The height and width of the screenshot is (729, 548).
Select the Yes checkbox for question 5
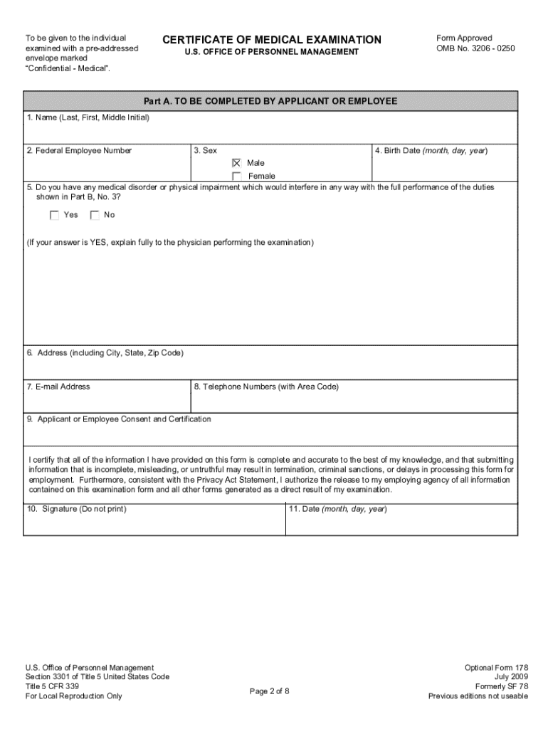point(54,215)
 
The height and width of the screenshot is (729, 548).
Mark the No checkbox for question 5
point(95,215)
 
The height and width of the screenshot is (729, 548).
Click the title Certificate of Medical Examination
point(272,40)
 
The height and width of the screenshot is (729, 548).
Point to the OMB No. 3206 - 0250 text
point(475,48)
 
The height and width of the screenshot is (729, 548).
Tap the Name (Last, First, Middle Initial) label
point(88,117)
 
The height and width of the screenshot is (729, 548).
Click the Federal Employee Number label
point(79,151)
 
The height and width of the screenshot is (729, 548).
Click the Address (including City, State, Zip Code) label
point(105,353)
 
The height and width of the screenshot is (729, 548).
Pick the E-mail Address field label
point(58,387)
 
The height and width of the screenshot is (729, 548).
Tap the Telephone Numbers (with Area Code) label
point(266,387)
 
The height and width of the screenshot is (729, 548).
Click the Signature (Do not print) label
point(77,509)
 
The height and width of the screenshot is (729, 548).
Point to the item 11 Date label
point(337,509)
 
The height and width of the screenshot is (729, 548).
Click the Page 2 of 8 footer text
point(270,691)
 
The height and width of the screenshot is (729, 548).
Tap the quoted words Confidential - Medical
point(68,68)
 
